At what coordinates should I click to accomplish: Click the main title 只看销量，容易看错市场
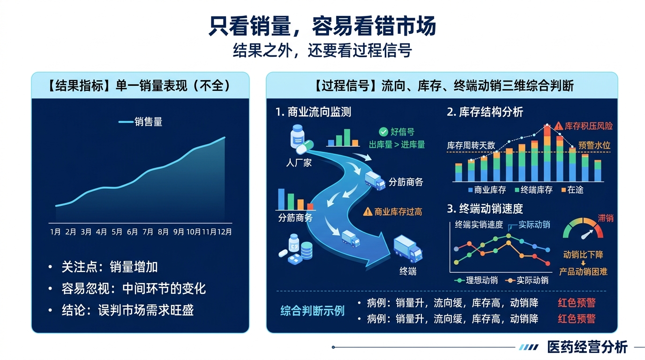click(x=322, y=27)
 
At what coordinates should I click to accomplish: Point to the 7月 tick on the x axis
click(x=148, y=232)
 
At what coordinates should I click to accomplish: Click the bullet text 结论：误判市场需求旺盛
click(x=127, y=310)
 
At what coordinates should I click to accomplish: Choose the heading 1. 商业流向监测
click(x=313, y=112)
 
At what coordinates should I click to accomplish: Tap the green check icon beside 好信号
click(x=383, y=132)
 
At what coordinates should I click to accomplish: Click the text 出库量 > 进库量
click(x=397, y=144)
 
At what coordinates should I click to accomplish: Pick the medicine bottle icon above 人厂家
click(x=297, y=137)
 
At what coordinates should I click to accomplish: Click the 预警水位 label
click(x=594, y=145)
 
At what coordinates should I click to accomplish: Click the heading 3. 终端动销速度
click(x=485, y=208)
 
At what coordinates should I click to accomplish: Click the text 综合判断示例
click(x=312, y=310)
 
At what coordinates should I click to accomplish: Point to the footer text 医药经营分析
click(x=587, y=347)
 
